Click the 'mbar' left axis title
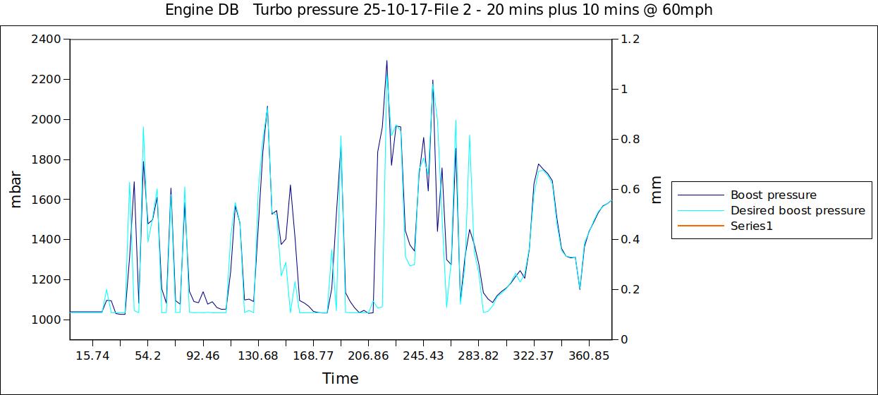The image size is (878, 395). (x=16, y=189)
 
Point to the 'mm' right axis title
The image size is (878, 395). (x=656, y=189)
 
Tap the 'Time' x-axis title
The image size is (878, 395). (x=341, y=379)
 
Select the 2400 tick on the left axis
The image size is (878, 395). (x=46, y=39)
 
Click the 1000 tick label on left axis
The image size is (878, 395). (x=46, y=320)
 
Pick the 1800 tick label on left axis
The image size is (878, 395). (x=46, y=159)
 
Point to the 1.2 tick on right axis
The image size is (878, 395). (x=630, y=39)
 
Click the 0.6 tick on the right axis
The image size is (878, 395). (x=630, y=189)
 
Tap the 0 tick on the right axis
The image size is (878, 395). (x=624, y=339)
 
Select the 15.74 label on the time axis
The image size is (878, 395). (x=92, y=355)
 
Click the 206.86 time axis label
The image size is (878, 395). (x=368, y=355)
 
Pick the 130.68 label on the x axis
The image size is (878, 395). (x=258, y=355)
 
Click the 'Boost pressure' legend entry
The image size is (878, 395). (x=773, y=195)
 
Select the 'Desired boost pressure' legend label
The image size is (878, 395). (x=797, y=210)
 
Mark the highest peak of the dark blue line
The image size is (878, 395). (x=386, y=61)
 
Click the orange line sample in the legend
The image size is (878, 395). (x=700, y=226)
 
